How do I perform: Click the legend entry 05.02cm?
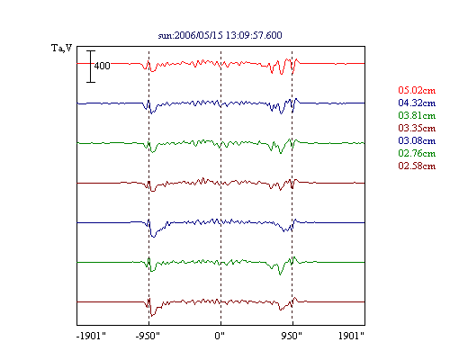click(417, 90)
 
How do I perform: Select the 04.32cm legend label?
click(417, 103)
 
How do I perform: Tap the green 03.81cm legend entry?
click(417, 115)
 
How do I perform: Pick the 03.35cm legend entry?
click(417, 128)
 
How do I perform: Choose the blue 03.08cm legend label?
click(417, 140)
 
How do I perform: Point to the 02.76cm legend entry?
click(417, 153)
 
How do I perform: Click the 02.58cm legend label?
click(417, 166)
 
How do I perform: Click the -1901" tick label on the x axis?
click(91, 336)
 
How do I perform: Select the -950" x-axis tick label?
click(148, 336)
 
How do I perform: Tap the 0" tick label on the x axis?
click(220, 336)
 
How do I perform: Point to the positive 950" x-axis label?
click(292, 336)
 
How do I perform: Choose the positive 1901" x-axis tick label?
click(351, 336)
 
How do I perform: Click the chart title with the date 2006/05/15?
click(220, 35)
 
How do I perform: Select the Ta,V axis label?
click(62, 48)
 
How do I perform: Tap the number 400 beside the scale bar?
click(102, 66)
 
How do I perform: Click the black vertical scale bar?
click(91, 67)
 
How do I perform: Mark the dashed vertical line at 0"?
click(221, 185)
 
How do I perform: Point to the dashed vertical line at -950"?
click(148, 185)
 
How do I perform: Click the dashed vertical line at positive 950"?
click(292, 185)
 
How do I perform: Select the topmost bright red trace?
click(220, 64)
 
